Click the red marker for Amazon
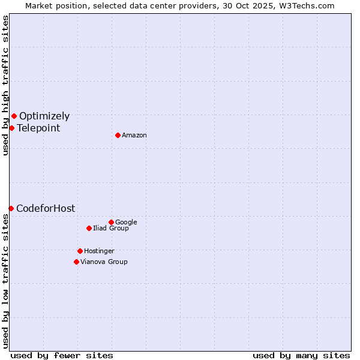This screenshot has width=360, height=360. [118, 135]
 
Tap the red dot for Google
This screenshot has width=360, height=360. [111, 222]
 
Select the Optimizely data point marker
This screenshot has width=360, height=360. [14, 116]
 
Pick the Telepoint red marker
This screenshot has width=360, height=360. [11, 128]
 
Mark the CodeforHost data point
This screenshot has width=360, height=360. [11, 208]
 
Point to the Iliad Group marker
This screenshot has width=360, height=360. [89, 228]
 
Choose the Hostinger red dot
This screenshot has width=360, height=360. [80, 251]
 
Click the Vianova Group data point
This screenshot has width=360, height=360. [76, 262]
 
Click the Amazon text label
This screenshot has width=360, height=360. [134, 136]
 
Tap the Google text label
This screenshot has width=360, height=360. [126, 222]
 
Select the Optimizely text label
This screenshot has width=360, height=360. [44, 116]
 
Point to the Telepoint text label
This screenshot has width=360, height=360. [38, 128]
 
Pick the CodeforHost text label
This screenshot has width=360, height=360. [46, 209]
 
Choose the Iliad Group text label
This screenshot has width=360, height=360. [111, 228]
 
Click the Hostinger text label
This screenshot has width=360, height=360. [99, 251]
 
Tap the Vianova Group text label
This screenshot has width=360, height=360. [104, 262]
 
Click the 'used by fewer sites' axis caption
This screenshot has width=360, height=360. [62, 355]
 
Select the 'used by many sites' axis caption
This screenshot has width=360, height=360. [301, 355]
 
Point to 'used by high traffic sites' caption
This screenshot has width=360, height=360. [5, 85]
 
